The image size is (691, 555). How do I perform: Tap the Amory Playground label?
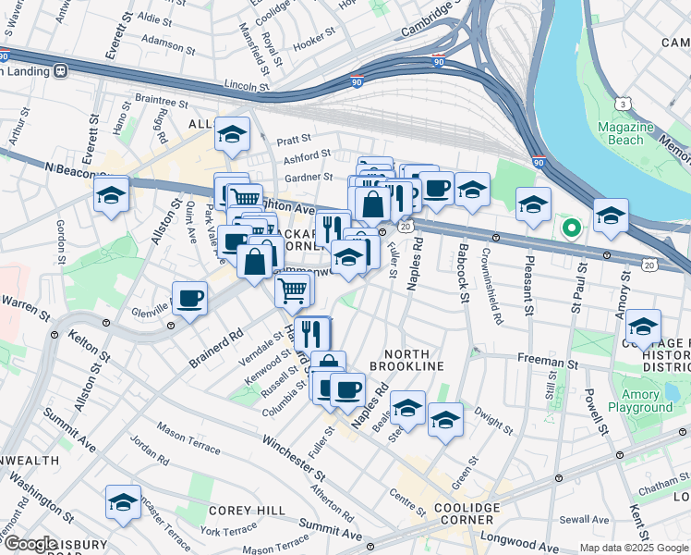tap(640, 401)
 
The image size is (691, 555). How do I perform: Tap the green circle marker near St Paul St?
tap(572, 226)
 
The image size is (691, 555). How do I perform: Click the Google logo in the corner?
tap(30, 544)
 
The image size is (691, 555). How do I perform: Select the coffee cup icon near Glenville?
tap(190, 298)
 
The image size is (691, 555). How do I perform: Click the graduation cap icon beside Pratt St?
tap(232, 133)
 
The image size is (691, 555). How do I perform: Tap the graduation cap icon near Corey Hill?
tap(123, 501)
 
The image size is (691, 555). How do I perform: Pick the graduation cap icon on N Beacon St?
tap(111, 194)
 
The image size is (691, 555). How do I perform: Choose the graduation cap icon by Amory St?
tap(643, 326)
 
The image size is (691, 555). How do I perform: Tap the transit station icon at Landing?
tap(61, 69)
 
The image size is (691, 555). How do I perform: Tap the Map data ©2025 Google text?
tap(634, 548)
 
